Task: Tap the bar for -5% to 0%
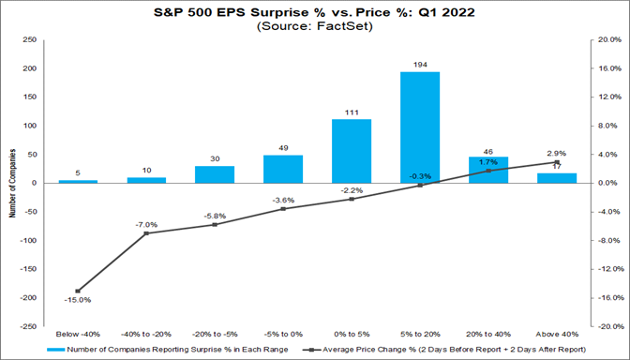(283, 169)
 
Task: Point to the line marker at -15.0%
(78, 291)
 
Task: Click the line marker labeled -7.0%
(146, 233)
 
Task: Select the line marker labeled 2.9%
(557, 162)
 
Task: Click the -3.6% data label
(283, 199)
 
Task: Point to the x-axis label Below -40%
(79, 334)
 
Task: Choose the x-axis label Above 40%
(557, 334)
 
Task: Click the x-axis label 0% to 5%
(352, 334)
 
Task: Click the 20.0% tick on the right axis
(609, 40)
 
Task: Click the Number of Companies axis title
(10, 184)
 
